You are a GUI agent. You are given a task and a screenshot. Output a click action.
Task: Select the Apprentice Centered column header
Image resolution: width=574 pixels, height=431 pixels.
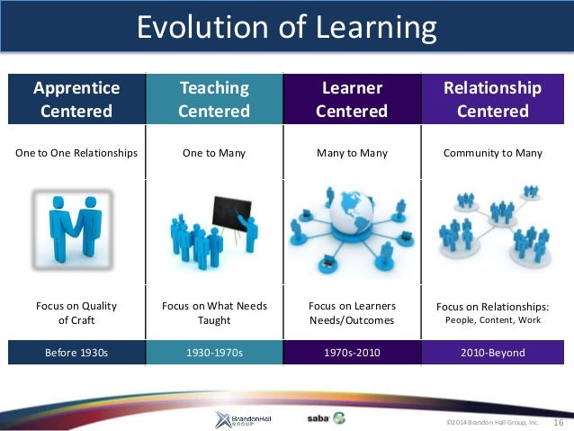click(x=76, y=99)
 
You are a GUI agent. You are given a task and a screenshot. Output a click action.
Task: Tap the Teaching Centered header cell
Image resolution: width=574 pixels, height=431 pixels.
click(x=214, y=99)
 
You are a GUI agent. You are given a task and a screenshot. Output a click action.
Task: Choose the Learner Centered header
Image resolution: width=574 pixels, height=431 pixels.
click(x=352, y=99)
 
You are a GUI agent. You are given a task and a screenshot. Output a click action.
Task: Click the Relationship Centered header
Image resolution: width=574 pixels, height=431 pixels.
click(x=492, y=99)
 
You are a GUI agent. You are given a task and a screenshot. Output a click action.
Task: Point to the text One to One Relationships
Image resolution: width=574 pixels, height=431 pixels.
click(x=76, y=153)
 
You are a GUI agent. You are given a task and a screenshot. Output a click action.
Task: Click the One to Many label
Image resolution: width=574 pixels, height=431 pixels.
click(x=214, y=153)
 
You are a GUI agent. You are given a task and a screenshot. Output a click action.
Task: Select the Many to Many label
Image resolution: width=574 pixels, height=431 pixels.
click(x=352, y=153)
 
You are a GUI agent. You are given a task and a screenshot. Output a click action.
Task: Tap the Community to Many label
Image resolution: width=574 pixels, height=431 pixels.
click(x=492, y=153)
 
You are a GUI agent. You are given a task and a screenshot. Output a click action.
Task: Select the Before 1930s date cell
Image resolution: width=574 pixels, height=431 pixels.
click(x=76, y=353)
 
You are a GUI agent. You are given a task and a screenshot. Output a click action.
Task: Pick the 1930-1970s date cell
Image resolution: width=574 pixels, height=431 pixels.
click(x=214, y=353)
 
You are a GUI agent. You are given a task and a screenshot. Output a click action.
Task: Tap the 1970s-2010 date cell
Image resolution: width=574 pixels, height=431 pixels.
click(x=352, y=353)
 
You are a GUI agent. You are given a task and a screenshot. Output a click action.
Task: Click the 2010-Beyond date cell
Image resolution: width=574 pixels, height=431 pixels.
click(x=492, y=353)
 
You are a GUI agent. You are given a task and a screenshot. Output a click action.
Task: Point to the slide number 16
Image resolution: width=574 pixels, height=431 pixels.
click(x=558, y=421)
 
